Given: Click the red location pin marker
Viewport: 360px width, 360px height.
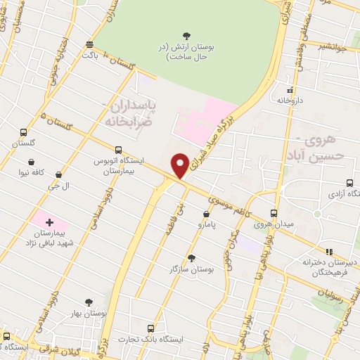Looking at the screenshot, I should click(x=181, y=165).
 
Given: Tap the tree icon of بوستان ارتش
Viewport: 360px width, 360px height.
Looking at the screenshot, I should click(x=186, y=35).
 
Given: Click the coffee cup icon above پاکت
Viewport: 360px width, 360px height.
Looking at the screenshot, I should click(x=89, y=43).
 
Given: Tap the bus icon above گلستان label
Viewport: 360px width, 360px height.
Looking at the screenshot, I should click(x=24, y=132).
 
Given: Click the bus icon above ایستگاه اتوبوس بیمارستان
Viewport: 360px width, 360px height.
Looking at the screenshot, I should click(x=118, y=150).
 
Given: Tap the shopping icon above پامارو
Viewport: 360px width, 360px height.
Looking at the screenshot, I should click(x=205, y=214).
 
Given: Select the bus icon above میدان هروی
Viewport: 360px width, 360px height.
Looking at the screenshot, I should click(x=274, y=213).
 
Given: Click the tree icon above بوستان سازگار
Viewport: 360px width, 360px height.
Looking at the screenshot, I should click(x=191, y=257).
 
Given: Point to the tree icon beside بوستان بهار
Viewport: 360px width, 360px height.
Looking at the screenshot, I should click(x=89, y=302).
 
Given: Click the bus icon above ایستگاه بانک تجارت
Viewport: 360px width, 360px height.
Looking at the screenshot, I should click(x=150, y=328).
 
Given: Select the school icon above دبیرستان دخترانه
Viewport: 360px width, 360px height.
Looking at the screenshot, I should click(x=327, y=252).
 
